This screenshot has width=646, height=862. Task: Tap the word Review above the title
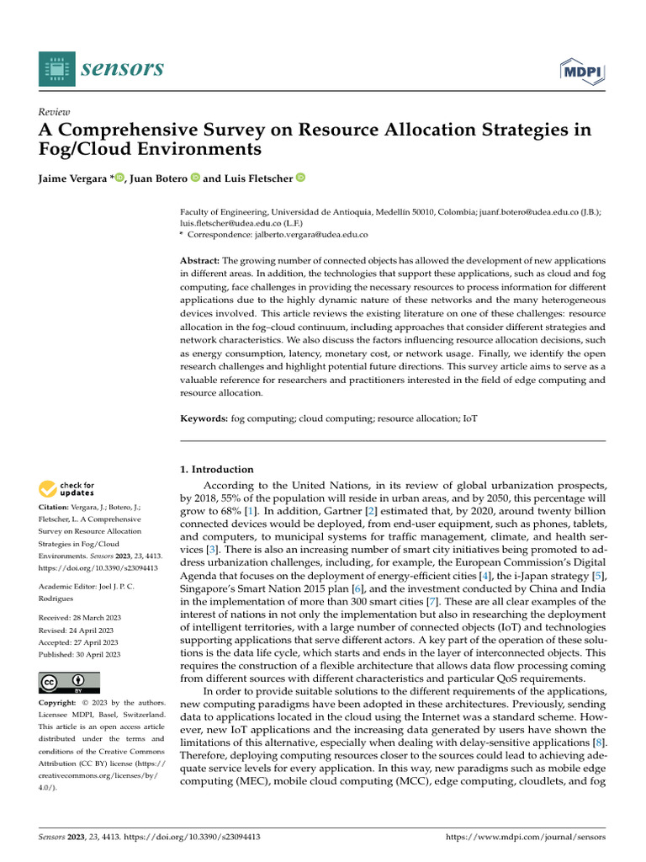click(x=55, y=112)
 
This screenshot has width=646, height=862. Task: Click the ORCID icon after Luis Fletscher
click(x=300, y=178)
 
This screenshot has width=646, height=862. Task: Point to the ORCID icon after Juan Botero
click(x=195, y=178)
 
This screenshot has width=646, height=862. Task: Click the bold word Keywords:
click(x=205, y=418)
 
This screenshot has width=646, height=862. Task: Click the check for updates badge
click(x=66, y=488)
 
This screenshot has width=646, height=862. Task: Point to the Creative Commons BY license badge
click(x=69, y=683)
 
